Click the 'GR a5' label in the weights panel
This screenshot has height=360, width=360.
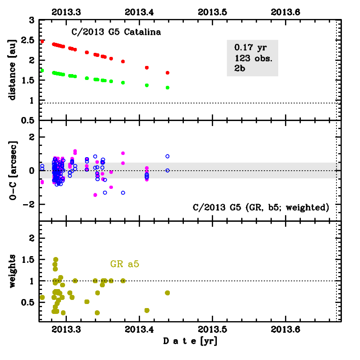[124, 264]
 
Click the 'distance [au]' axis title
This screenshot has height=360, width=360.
[13, 70]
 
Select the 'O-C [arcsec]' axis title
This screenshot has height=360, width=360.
[13, 170]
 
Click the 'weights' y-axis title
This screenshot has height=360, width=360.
[13, 271]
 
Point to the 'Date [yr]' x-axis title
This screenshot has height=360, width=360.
[190, 341]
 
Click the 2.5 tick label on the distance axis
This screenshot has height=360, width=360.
[28, 40]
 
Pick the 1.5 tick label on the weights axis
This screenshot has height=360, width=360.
[28, 260]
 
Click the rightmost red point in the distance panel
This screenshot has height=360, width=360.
[168, 73]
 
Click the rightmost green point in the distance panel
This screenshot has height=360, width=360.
[168, 88]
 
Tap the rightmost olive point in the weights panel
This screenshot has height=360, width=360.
[168, 293]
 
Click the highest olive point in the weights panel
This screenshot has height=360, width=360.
[56, 260]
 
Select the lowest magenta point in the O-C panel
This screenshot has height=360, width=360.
[95, 195]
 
